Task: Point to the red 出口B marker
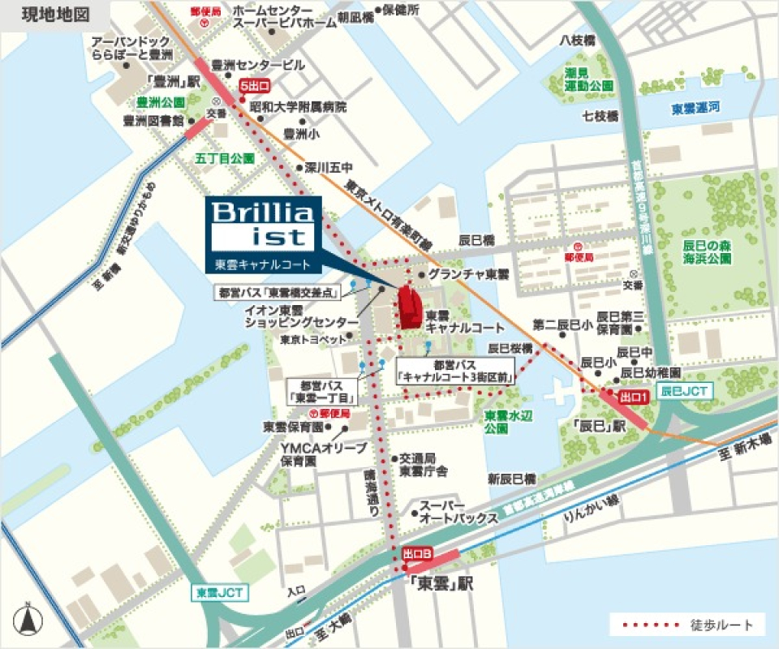[417, 553]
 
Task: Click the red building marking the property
[409, 307]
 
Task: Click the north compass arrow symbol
[28, 620]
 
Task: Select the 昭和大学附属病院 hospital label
[298, 106]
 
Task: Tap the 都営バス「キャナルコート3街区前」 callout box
[457, 371]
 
